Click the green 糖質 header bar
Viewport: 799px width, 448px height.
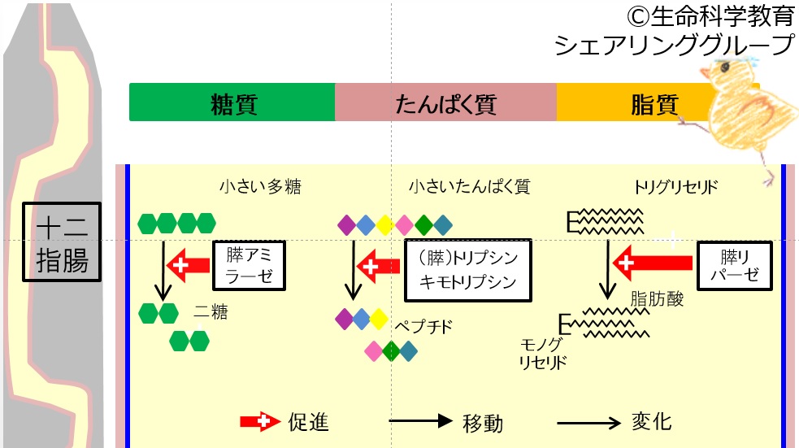click(232, 102)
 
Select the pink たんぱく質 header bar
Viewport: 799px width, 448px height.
click(445, 102)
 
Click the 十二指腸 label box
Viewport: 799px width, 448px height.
click(62, 241)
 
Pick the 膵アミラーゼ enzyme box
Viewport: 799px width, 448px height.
click(250, 264)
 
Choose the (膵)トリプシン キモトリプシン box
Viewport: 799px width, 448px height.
click(467, 267)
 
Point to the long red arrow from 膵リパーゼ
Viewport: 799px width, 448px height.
click(654, 263)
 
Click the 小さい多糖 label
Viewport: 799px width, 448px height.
click(260, 187)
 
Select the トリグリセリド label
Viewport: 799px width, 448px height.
click(675, 187)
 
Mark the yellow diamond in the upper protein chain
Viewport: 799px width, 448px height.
click(384, 223)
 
